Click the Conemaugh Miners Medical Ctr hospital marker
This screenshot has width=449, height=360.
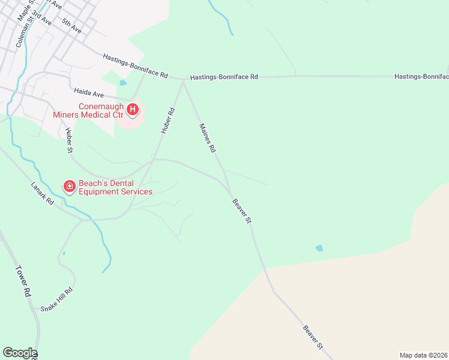133,110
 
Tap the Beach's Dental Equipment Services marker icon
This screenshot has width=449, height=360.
70,187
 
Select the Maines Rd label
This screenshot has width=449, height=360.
207,138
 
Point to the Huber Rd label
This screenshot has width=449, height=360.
167,120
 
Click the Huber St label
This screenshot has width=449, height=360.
69,142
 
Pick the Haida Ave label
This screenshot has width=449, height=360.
89,92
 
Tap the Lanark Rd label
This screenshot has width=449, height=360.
43,194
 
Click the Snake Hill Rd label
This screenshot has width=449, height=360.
56,299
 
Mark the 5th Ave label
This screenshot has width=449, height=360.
71,25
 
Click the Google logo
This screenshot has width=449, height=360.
19,353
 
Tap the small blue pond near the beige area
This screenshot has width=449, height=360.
319,248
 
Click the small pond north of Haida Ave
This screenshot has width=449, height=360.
123,83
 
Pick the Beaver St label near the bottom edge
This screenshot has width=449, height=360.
313,337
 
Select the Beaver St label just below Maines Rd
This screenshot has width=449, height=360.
241,211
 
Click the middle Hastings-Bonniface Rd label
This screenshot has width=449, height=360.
224,77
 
